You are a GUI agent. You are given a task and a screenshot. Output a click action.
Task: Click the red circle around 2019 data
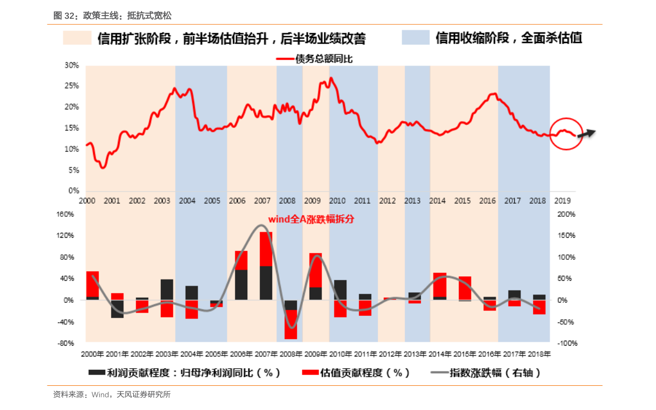(566, 134)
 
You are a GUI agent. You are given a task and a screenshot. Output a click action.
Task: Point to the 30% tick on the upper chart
(72, 65)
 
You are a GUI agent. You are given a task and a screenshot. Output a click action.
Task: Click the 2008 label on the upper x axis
(286, 201)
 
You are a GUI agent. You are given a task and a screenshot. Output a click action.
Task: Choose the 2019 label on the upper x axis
(562, 201)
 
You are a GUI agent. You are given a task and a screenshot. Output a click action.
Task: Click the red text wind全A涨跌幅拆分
(311, 218)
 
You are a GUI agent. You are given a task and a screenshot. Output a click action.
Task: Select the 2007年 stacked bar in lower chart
(266, 265)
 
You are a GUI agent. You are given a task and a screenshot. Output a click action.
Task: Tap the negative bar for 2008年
(291, 319)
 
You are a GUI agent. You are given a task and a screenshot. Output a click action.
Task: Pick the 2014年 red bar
(440, 285)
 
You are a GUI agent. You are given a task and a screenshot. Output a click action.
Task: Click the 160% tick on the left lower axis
(66, 214)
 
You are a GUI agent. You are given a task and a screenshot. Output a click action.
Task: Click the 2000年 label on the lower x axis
(92, 354)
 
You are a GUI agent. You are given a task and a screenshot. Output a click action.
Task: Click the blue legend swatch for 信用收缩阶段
(415, 38)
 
